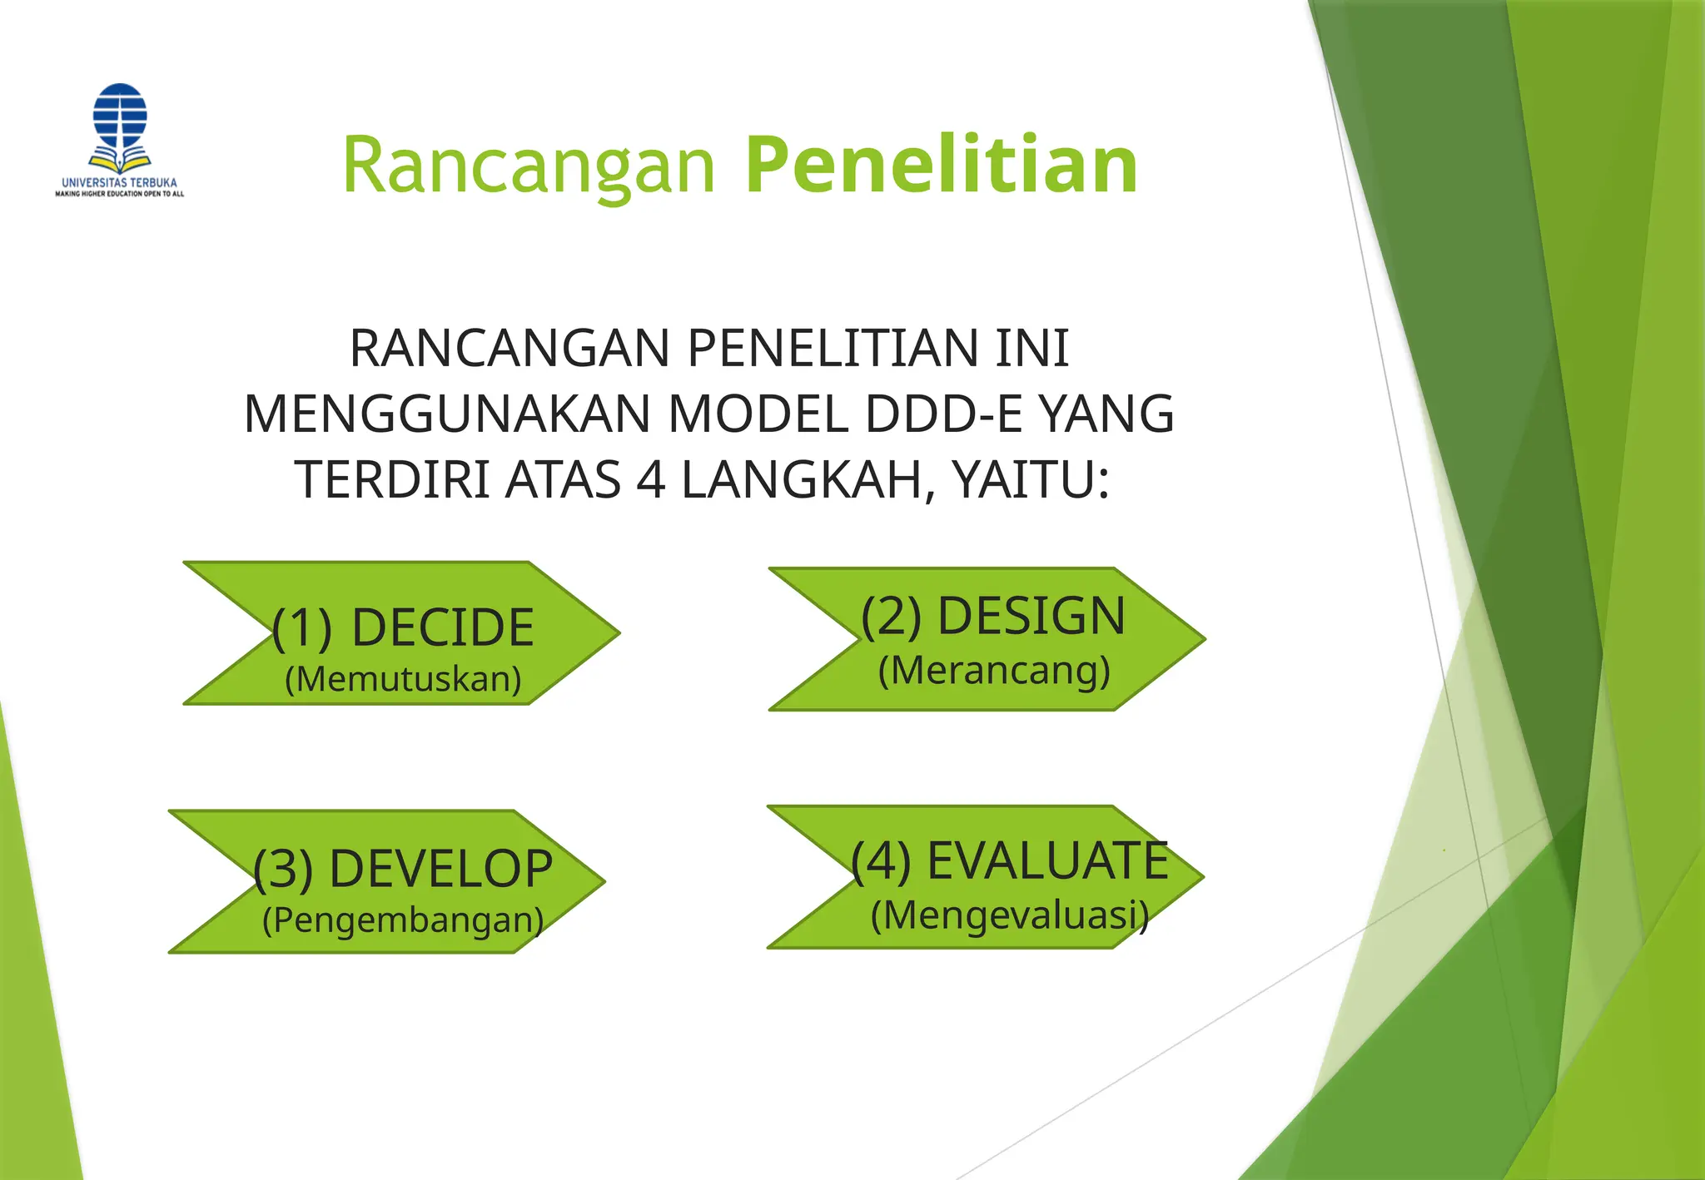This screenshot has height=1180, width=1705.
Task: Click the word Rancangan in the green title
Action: [529, 166]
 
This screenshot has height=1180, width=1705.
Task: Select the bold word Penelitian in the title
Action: [942, 166]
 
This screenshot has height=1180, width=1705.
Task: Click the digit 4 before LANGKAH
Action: [650, 480]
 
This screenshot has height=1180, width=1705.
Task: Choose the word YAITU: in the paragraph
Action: [1030, 480]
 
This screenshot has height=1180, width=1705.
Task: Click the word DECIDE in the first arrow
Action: [442, 627]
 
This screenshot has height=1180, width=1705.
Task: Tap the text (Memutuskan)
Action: [403, 679]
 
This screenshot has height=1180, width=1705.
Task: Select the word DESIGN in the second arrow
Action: [1031, 616]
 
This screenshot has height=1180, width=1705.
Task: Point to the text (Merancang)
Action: [994, 670]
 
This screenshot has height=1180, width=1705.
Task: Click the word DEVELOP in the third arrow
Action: [440, 869]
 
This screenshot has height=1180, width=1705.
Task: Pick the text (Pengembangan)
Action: [403, 920]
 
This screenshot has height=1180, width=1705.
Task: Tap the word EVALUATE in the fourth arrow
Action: [1047, 860]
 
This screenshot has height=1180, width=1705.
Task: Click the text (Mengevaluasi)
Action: [1010, 915]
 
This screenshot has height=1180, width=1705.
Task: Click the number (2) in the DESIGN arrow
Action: [891, 617]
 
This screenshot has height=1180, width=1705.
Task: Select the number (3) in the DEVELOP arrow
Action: [283, 870]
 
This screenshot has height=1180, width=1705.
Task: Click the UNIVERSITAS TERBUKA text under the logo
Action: [119, 182]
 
